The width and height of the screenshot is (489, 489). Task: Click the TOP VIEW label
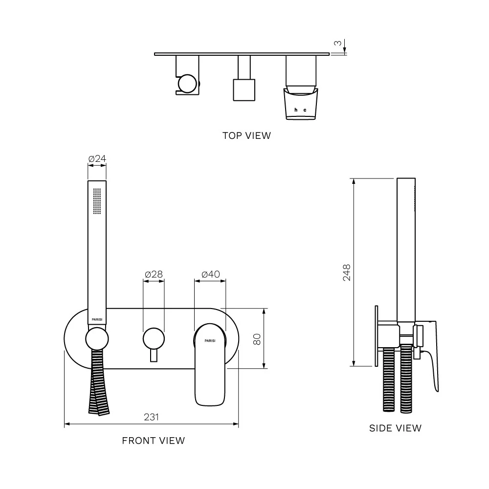246,135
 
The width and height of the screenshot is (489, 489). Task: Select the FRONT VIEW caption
154,441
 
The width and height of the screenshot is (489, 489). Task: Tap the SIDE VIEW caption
395,428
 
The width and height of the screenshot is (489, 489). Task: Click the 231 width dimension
151,417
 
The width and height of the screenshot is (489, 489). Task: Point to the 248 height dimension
347,272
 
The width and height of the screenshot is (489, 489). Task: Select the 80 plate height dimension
257,339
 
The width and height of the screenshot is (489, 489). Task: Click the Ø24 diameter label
97,159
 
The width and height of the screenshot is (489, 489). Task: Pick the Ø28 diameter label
154,274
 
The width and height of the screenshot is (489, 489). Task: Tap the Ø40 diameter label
210,274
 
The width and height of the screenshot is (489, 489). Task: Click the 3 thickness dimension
338,43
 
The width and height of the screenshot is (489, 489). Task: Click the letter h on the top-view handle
296,110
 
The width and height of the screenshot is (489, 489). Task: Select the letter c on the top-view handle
305,110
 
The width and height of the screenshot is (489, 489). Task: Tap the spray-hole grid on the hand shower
97,201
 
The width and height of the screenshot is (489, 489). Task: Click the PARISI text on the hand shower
97,320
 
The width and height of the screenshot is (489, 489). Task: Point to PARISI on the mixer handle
210,340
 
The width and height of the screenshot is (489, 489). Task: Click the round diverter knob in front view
154,339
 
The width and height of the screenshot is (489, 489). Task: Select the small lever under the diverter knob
154,356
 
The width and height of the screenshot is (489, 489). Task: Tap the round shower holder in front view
97,339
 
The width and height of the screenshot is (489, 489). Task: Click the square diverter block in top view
244,90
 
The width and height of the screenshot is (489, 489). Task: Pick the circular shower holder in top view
187,84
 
